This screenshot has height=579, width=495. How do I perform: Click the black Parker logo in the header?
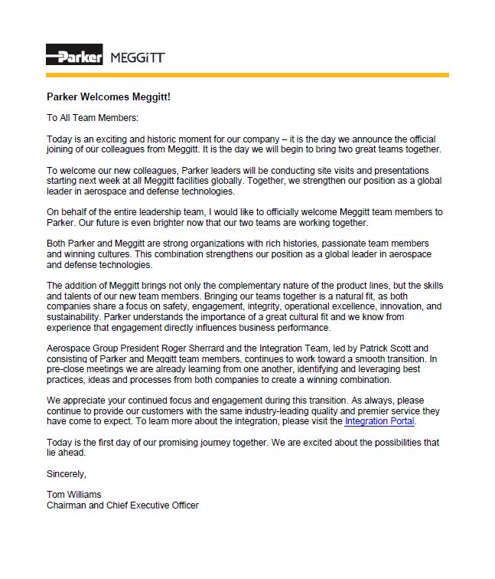pos(74,56)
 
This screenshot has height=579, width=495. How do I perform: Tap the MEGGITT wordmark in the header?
pos(138,57)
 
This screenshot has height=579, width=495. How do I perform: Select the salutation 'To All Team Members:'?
pos(93,118)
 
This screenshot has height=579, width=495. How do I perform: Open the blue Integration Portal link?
pos(379,421)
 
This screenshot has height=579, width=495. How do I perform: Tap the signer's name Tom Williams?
pos(74,494)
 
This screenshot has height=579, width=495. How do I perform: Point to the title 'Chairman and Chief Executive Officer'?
pos(122,505)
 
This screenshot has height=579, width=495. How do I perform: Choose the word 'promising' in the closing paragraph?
pos(173,442)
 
